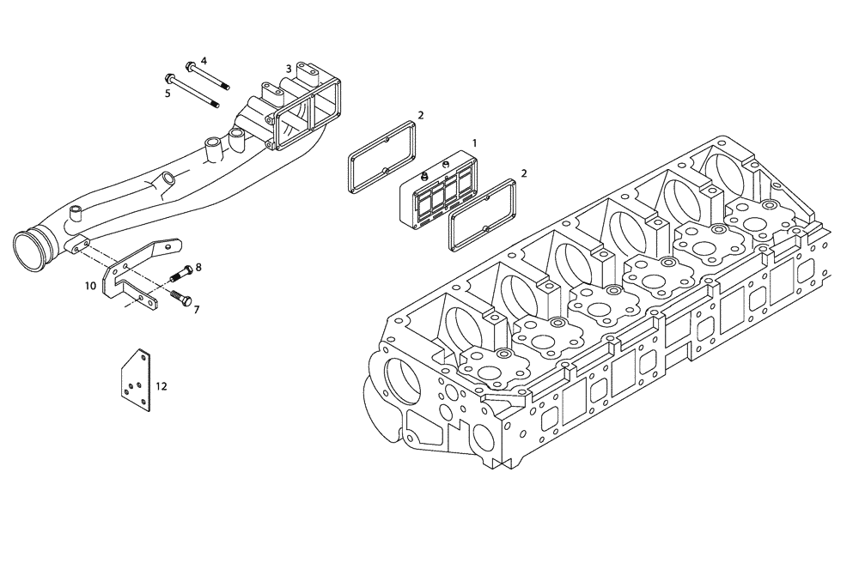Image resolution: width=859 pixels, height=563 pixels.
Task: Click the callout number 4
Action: pos(204,61)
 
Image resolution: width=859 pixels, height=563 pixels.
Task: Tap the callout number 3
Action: pos(289,68)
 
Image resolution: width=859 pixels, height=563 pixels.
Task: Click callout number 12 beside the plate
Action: pos(161,386)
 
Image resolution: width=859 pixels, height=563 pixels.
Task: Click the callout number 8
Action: pos(198,267)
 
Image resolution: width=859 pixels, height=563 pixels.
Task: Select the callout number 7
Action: pos(196,308)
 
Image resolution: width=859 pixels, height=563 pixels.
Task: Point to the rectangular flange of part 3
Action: pos(308,112)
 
